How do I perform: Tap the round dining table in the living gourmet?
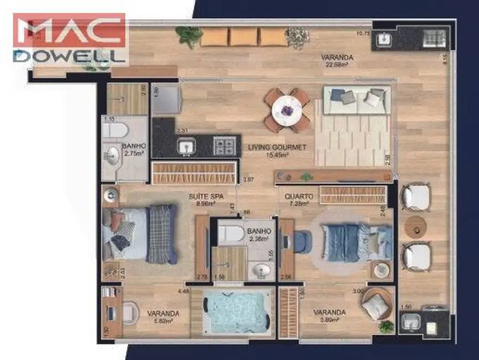tap(287, 110)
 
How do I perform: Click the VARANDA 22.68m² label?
tap(337, 60)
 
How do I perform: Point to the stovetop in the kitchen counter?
tap(224, 146)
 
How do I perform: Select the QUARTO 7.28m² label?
tap(299, 200)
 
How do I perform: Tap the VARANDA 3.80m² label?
tap(329, 316)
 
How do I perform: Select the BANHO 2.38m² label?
tap(259, 235)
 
